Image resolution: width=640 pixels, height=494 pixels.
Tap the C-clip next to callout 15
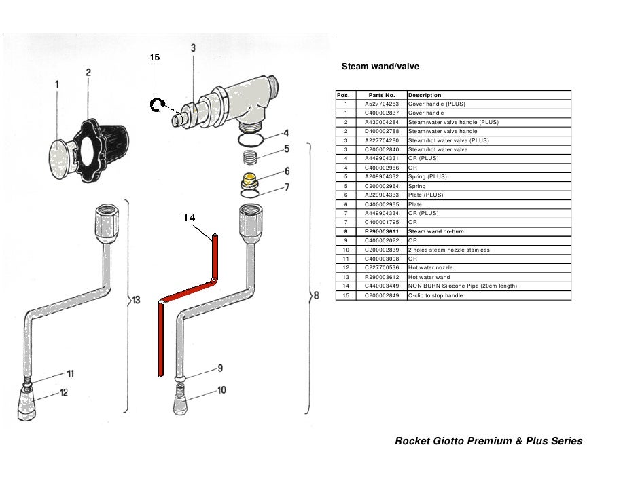tap(157, 104)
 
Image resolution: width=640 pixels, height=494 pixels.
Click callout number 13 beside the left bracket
tap(136, 299)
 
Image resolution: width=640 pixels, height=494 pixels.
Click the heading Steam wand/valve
tap(380, 66)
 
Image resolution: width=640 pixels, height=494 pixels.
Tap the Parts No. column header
tap(381, 95)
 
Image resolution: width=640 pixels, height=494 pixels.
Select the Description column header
tap(425, 95)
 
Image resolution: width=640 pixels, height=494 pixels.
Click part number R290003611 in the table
tap(381, 231)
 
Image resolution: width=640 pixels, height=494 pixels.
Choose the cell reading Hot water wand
tap(429, 277)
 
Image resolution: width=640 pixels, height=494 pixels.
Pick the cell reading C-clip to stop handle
tap(434, 295)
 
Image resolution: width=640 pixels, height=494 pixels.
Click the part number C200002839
tap(381, 250)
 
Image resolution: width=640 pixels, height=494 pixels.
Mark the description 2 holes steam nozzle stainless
tap(448, 250)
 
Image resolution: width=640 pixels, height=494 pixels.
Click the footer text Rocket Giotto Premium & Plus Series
tap(488, 441)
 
